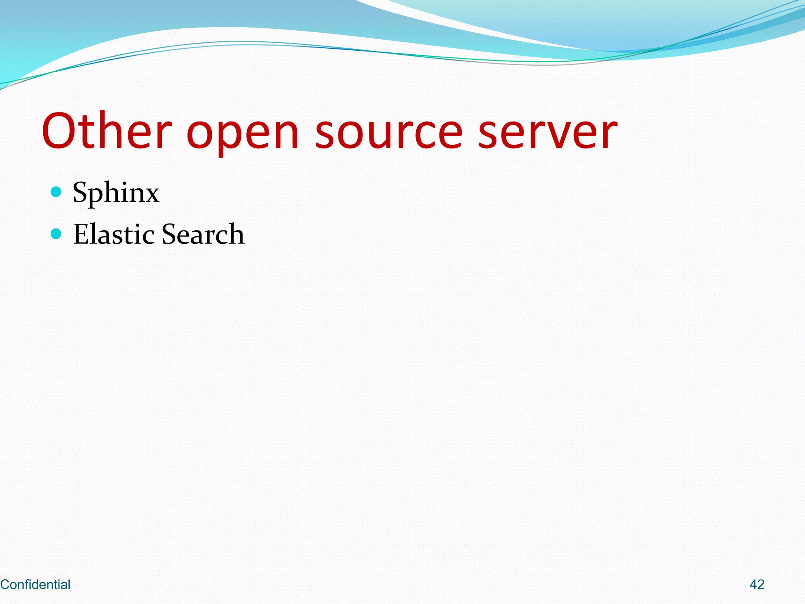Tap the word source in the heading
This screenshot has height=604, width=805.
389,132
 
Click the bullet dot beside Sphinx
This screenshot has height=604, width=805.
56,192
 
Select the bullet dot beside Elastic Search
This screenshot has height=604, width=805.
56,234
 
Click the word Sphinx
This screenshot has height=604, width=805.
116,193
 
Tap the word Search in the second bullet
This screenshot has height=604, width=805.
203,234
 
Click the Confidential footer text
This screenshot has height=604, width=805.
35,584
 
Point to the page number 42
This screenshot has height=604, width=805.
757,584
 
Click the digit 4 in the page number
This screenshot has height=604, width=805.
753,584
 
